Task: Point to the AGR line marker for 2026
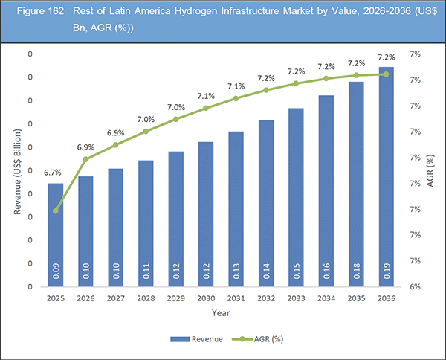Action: point(85,159)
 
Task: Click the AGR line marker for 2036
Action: point(385,74)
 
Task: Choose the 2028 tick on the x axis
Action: point(146,298)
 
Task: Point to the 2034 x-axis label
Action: point(326,298)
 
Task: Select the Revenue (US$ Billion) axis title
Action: point(17,170)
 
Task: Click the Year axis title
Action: point(220,313)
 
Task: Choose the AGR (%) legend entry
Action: point(259,338)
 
